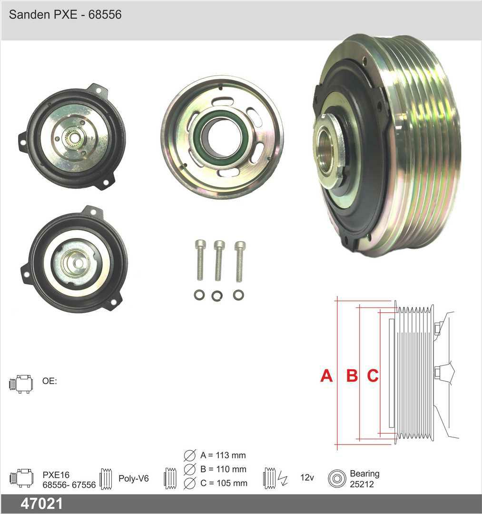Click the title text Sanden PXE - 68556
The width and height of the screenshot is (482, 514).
point(65,14)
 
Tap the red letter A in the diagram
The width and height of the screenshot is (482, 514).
point(326,376)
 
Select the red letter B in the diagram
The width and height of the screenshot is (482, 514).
point(352,376)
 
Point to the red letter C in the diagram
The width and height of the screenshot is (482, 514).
point(373,376)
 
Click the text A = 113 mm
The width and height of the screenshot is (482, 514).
point(223,455)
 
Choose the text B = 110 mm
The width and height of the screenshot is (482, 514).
point(223,469)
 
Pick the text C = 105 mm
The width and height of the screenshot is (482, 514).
point(224,483)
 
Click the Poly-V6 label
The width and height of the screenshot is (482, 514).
point(134,479)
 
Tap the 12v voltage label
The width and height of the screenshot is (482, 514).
point(307,478)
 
